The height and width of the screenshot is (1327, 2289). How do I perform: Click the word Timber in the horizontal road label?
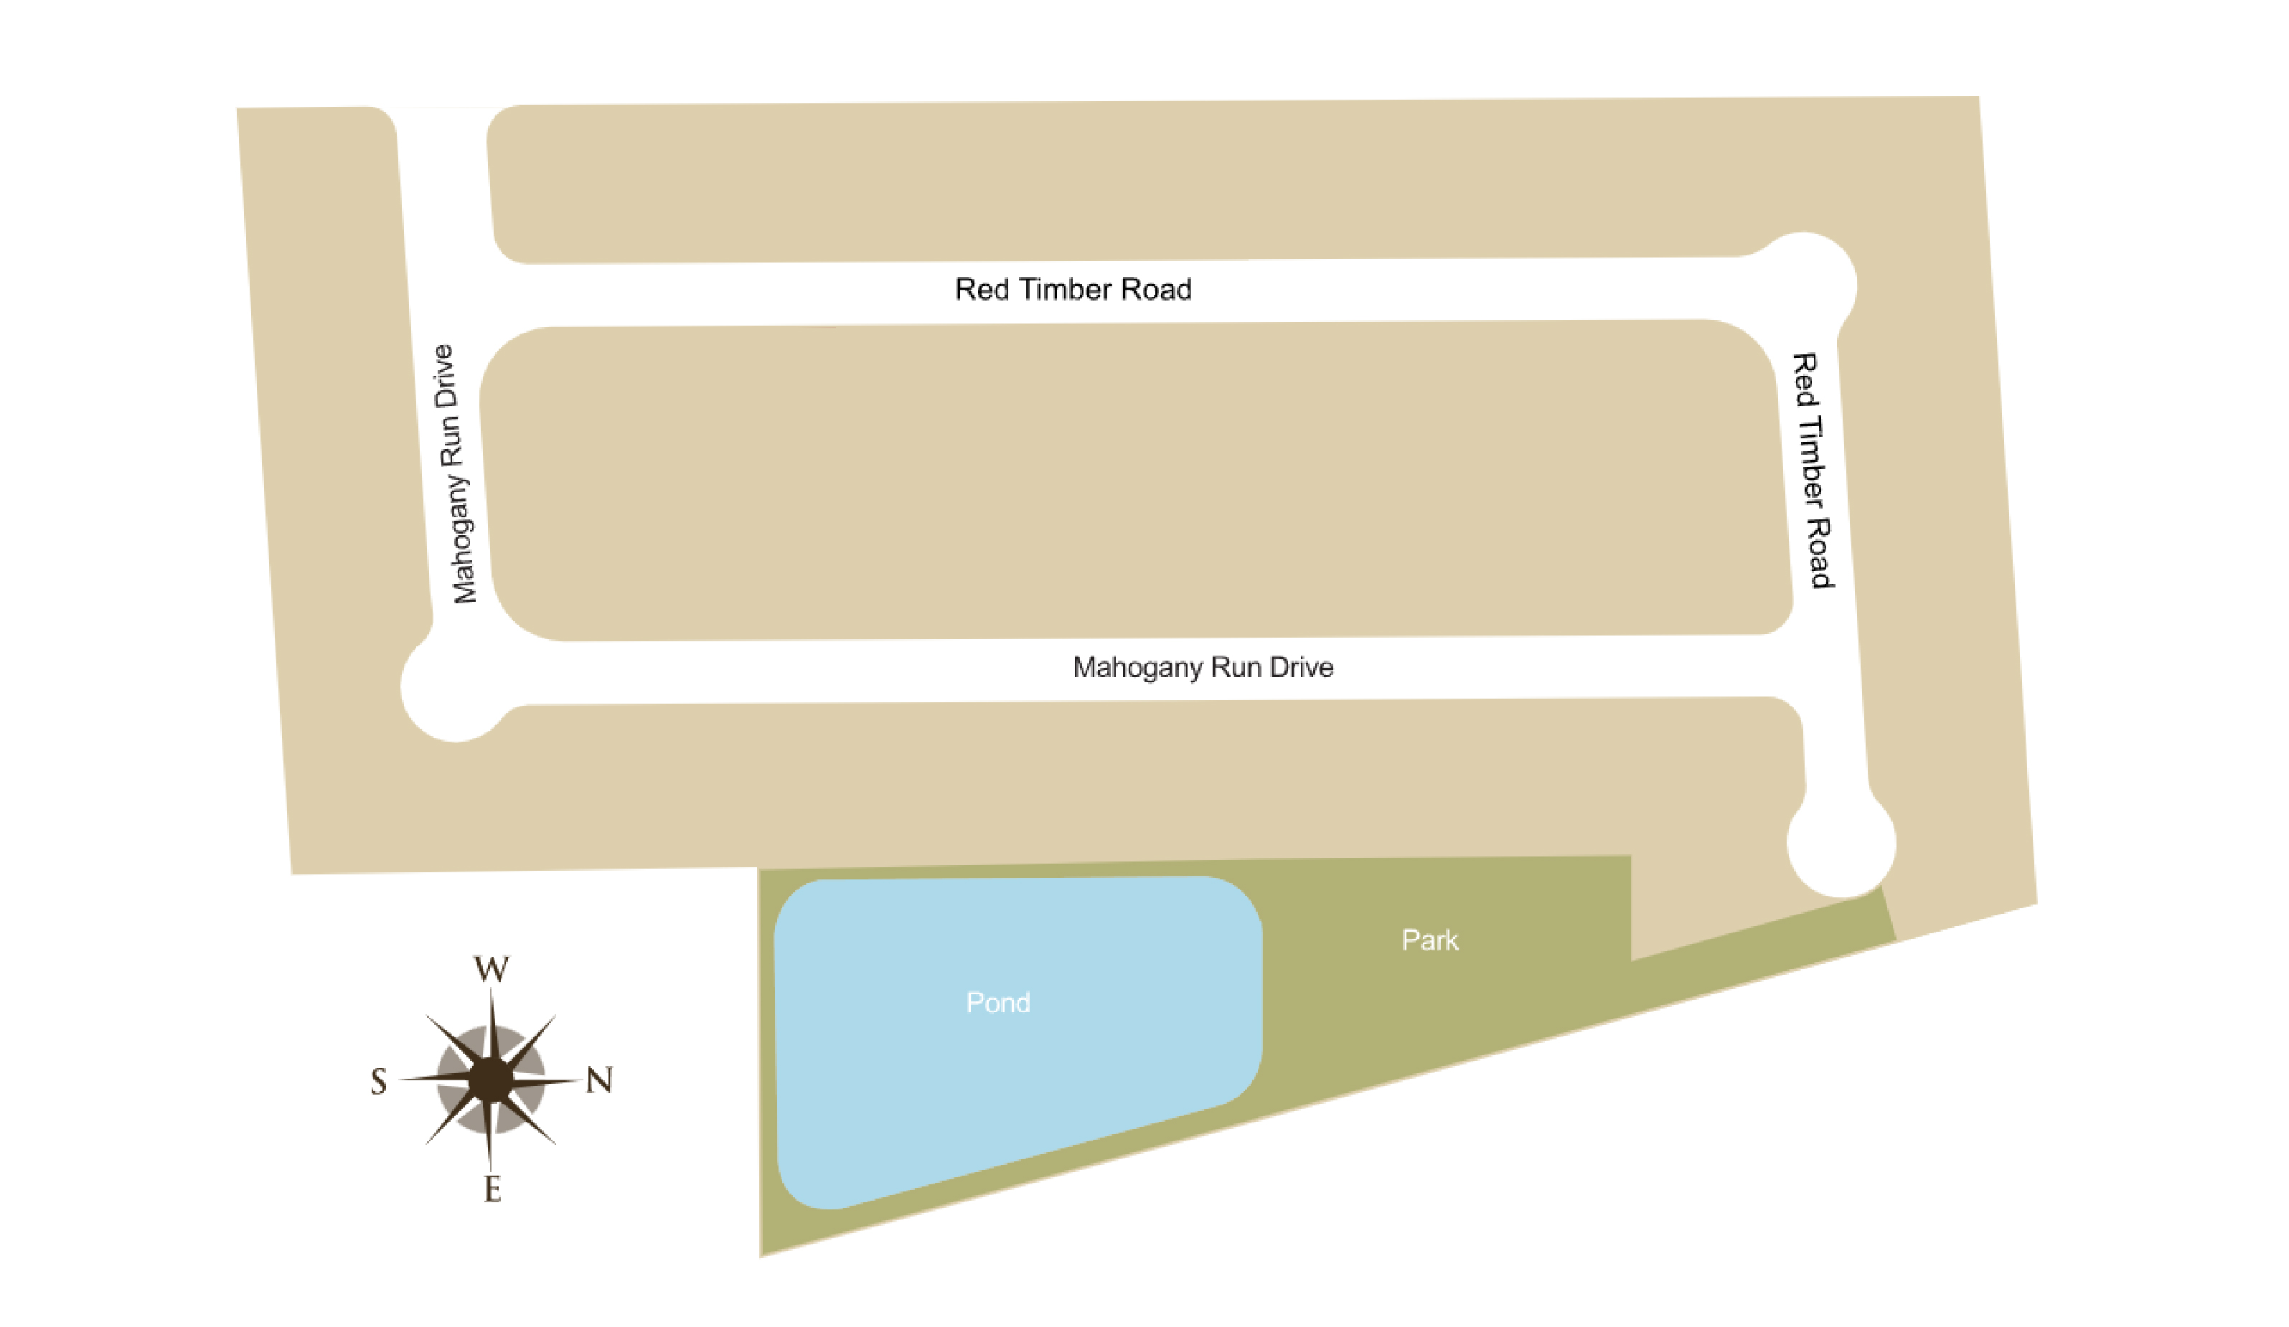tap(1066, 290)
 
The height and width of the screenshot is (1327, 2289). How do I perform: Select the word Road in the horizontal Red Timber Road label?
tap(1156, 290)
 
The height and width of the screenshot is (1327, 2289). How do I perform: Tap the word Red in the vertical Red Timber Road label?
tap(1805, 382)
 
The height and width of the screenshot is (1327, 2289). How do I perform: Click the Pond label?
tap(997, 1003)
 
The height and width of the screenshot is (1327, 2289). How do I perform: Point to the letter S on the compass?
tap(379, 1082)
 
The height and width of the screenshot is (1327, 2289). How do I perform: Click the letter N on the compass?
tap(599, 1080)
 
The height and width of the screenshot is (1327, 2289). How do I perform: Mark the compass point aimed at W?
tap(492, 1013)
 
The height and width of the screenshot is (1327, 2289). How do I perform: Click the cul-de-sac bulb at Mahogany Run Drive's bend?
tap(454, 688)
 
